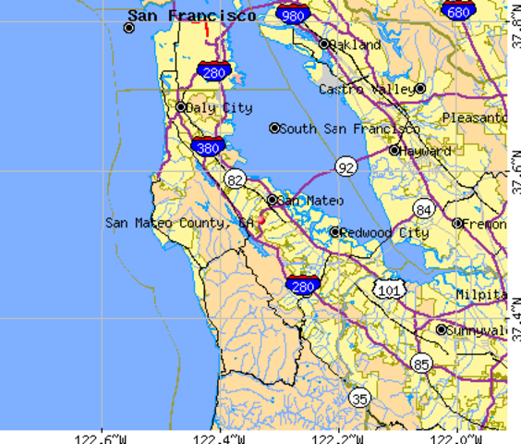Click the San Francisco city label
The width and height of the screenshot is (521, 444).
(x=192, y=16)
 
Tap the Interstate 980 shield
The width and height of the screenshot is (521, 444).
(x=292, y=15)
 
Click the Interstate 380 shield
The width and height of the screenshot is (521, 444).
(x=208, y=146)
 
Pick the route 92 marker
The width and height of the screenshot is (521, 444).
(x=345, y=166)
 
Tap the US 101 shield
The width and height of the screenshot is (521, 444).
(x=389, y=290)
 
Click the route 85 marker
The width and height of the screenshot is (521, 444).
(x=421, y=364)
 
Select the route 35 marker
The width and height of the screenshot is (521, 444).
(x=359, y=398)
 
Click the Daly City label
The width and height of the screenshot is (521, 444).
(x=219, y=107)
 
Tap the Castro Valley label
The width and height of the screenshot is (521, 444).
(x=366, y=89)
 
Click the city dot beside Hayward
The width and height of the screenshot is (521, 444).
(x=394, y=150)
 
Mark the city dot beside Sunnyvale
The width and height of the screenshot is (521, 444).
(x=442, y=329)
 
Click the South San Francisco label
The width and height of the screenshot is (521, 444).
(x=349, y=129)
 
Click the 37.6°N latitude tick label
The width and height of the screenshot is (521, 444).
(x=515, y=171)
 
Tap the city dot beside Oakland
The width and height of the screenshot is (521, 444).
(x=324, y=43)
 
